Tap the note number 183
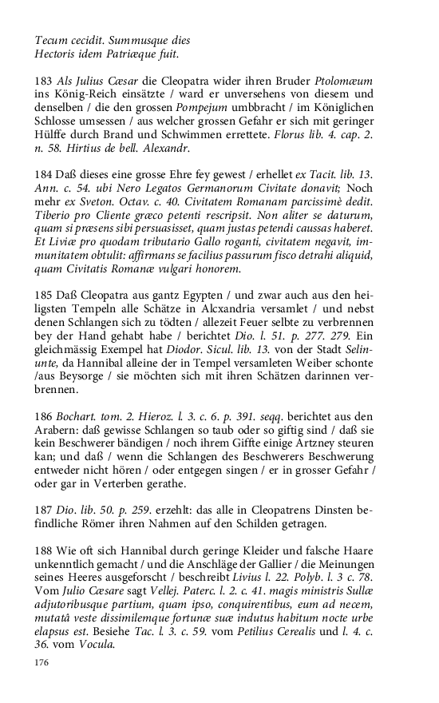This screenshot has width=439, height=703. click(x=44, y=83)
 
